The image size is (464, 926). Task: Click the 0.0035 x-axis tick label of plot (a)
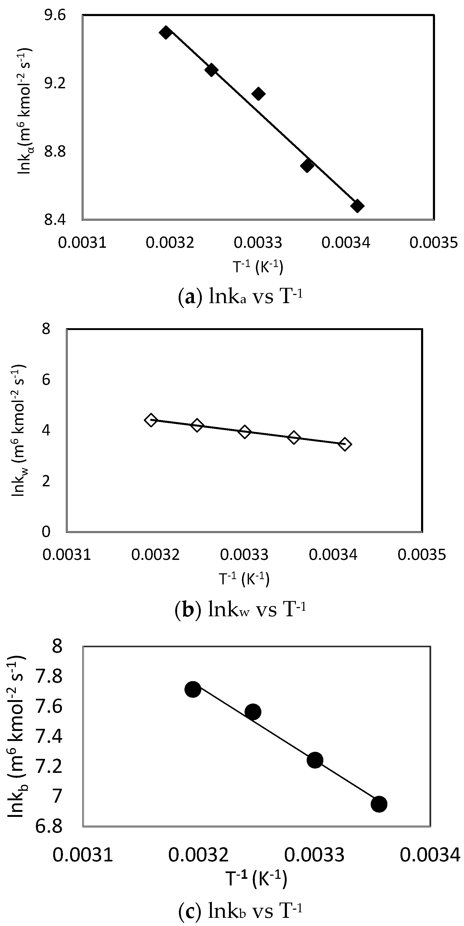click(x=434, y=243)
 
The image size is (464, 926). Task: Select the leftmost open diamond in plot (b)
click(x=151, y=420)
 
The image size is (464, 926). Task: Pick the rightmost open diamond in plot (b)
click(x=345, y=444)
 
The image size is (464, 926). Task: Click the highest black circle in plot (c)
click(x=193, y=690)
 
